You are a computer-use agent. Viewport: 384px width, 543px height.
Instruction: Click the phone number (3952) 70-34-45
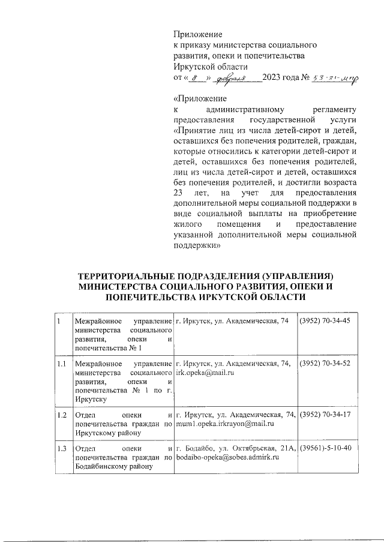click(x=325, y=322)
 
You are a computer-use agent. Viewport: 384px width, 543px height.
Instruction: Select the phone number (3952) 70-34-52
click(x=325, y=364)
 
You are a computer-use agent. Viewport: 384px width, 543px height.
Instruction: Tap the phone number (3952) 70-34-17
click(x=325, y=415)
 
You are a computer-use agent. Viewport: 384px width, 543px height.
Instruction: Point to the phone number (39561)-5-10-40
click(x=325, y=448)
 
